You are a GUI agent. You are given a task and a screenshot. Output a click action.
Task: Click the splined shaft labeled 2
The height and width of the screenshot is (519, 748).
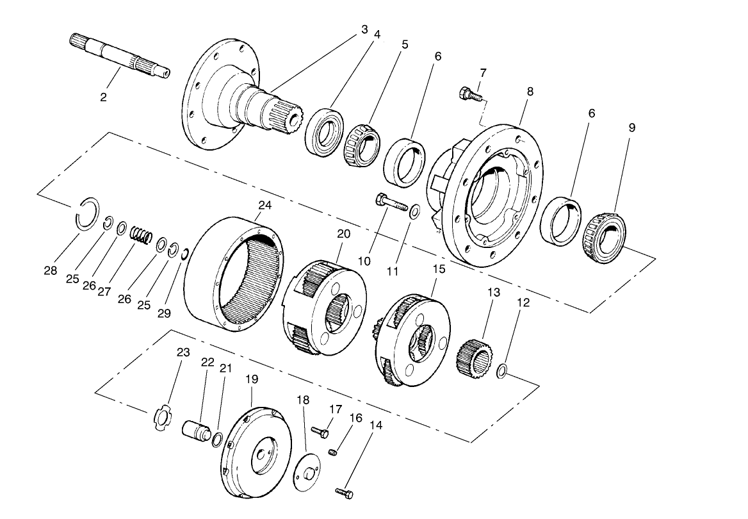click(x=118, y=56)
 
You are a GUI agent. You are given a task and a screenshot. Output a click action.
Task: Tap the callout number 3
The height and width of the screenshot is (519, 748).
click(x=364, y=29)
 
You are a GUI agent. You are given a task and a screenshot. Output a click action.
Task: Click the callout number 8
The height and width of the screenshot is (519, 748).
click(x=530, y=92)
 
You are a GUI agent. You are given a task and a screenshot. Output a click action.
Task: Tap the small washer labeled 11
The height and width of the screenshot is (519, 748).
click(x=415, y=210)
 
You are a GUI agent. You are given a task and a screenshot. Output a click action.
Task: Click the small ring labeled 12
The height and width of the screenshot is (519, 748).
click(x=503, y=370)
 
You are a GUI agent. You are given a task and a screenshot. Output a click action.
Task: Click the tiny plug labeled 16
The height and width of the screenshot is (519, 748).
click(x=332, y=452)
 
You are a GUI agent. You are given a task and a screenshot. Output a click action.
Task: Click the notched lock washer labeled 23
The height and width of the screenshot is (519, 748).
click(x=164, y=419)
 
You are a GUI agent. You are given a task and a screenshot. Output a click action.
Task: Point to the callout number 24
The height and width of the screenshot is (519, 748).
click(x=264, y=205)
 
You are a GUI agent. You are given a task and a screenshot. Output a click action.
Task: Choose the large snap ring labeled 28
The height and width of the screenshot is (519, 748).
click(x=85, y=214)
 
